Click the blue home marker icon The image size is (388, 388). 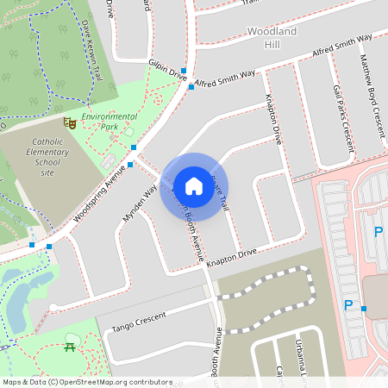click(x=194, y=185)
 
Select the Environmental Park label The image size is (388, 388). click(x=110, y=121)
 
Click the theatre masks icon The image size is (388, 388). click(x=71, y=123)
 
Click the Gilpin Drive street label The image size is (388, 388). click(x=167, y=70)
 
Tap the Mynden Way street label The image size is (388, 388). click(x=139, y=203)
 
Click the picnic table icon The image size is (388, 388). click(x=69, y=347)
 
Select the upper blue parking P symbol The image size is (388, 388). click(x=378, y=231)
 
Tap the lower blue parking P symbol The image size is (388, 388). click(x=348, y=304)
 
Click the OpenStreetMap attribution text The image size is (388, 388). click(x=86, y=381)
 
